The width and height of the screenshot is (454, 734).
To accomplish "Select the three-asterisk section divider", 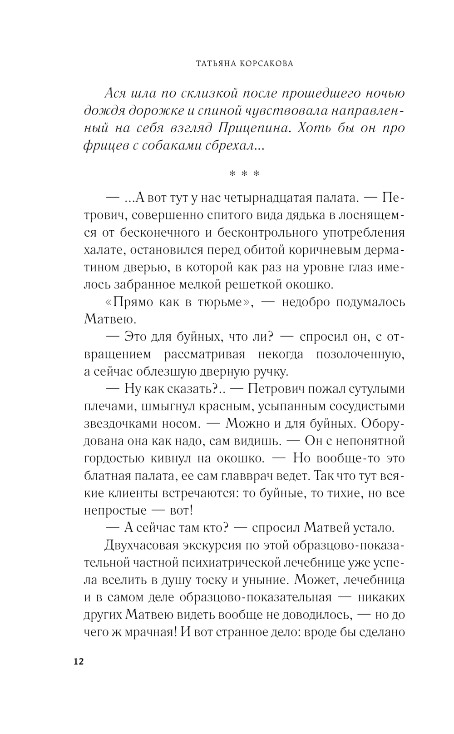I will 244,174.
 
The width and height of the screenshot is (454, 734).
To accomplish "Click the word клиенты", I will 133,493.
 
